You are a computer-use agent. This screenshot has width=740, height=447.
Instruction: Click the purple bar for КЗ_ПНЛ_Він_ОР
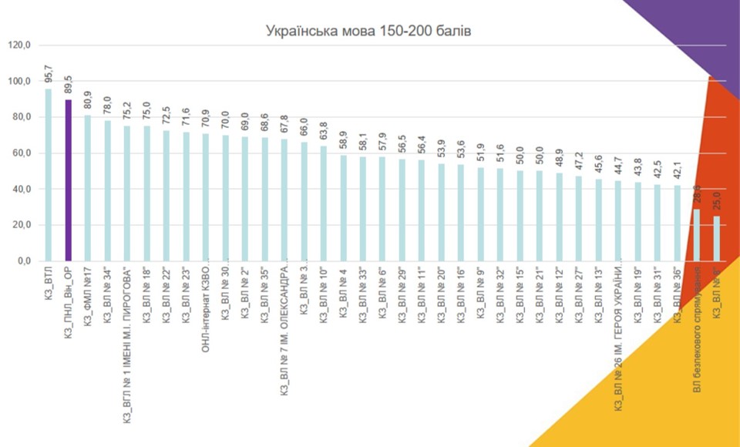(68, 180)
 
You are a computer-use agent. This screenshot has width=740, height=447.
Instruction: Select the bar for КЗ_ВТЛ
(48, 175)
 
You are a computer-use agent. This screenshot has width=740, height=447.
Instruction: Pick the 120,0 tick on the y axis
(18, 45)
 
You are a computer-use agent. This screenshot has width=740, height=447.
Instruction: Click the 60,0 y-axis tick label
(18, 153)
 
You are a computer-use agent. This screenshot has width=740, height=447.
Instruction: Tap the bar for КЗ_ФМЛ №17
(87, 188)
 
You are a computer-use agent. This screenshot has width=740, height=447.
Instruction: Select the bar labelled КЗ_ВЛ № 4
(343, 208)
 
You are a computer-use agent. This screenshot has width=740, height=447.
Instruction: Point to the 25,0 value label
(717, 203)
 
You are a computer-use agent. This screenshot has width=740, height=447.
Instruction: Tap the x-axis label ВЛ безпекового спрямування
(697, 329)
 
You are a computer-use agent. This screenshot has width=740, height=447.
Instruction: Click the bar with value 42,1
(678, 223)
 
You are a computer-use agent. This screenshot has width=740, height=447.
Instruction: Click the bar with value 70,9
(205, 197)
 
